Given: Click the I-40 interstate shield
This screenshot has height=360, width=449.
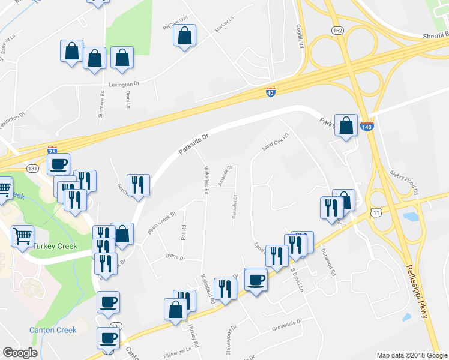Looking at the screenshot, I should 270,92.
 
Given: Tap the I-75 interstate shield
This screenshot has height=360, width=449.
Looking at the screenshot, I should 52,150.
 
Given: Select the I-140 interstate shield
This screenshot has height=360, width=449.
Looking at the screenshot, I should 367,127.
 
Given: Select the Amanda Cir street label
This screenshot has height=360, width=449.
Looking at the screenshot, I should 225,176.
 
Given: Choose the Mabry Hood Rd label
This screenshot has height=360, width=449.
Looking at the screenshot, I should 403,182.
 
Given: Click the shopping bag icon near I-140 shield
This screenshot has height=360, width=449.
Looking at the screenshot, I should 346,125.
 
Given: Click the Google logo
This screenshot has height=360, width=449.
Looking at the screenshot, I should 19,352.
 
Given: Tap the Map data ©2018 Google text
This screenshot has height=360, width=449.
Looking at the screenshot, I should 411,355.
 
